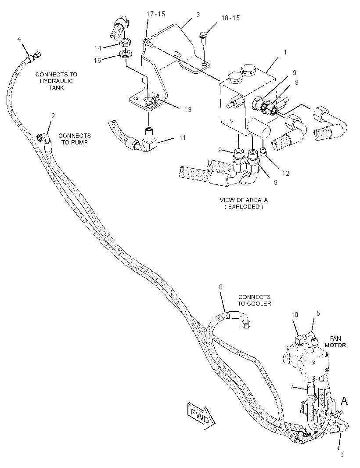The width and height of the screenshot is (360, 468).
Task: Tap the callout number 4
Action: click(x=19, y=39)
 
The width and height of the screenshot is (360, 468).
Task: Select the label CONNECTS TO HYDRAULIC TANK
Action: click(x=57, y=81)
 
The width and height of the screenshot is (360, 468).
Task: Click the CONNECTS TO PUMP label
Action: click(x=75, y=139)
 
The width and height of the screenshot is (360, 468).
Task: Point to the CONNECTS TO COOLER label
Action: click(x=254, y=300)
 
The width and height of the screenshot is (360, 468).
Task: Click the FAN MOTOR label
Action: click(x=335, y=342)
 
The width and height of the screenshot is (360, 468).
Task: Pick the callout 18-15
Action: click(x=230, y=18)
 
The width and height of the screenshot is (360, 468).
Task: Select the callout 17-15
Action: click(x=156, y=14)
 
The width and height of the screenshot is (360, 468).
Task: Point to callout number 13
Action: click(x=188, y=110)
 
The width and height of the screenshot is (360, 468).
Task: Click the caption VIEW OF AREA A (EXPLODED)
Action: click(x=244, y=203)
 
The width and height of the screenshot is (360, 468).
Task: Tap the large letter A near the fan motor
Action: click(x=344, y=401)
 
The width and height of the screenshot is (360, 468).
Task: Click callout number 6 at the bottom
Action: click(x=342, y=454)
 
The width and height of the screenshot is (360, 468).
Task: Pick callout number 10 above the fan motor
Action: click(x=295, y=315)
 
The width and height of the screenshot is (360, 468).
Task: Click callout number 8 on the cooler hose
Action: click(x=221, y=287)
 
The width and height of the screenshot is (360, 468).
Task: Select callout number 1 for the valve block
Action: click(x=285, y=53)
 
